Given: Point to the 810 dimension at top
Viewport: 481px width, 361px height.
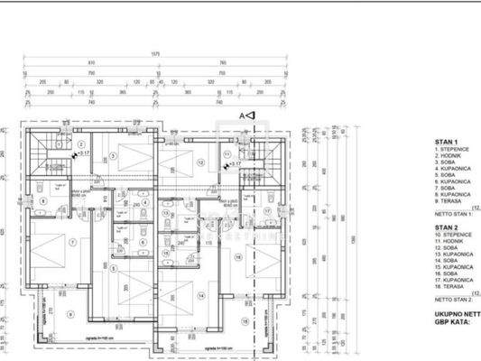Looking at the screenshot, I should coord(91,62).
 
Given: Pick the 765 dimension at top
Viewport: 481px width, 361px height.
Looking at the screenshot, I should coord(222,62).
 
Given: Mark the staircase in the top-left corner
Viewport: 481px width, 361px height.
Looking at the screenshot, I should coord(41,153).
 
